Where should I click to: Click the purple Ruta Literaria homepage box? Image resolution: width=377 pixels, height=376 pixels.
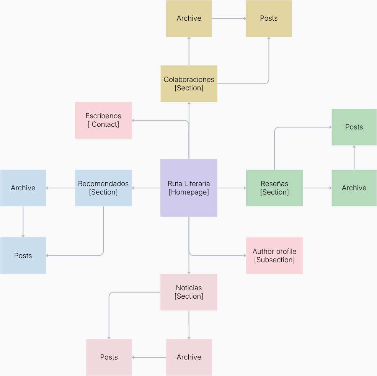click(x=189, y=188)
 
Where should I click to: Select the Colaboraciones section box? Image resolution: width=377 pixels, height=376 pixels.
click(x=189, y=84)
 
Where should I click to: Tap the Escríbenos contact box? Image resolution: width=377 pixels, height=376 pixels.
click(x=103, y=120)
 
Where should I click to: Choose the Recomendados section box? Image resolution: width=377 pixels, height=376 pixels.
click(x=103, y=188)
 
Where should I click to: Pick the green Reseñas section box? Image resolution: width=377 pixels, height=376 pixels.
click(x=274, y=188)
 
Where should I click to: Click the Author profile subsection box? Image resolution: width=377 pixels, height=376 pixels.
click(x=274, y=255)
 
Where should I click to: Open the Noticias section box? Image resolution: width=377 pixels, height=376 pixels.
click(x=189, y=292)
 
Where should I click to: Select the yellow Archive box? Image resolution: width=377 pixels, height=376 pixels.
click(x=189, y=18)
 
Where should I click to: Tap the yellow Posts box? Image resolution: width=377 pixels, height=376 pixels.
click(x=269, y=18)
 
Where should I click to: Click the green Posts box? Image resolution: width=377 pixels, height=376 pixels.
click(x=354, y=127)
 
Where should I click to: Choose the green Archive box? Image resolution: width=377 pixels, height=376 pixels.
click(x=354, y=188)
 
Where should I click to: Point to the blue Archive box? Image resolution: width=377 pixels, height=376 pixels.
click(x=23, y=188)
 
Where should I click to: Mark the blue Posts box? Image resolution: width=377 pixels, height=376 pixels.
click(x=23, y=255)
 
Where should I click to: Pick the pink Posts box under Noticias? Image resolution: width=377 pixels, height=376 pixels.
click(x=109, y=357)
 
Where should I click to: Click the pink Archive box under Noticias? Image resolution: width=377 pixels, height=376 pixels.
click(x=189, y=357)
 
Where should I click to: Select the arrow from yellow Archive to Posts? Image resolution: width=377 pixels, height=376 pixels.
click(x=229, y=18)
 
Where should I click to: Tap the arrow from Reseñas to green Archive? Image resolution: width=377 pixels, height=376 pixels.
click(x=317, y=188)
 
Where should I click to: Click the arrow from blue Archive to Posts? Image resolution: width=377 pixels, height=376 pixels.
click(x=23, y=222)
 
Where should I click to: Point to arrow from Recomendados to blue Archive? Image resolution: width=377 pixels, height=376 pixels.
click(x=60, y=188)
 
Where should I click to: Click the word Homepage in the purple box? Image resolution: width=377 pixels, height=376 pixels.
click(x=189, y=192)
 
